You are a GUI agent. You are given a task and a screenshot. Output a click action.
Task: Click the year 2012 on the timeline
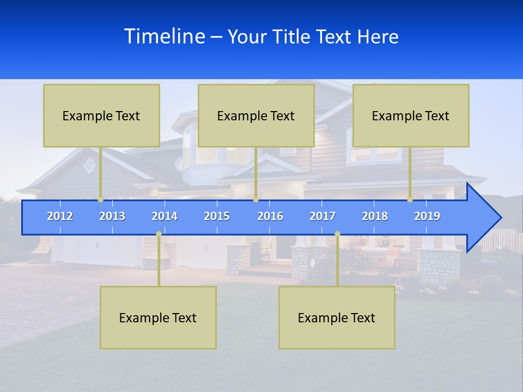[x=60, y=216]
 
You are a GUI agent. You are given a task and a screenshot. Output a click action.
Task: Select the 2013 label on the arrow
[x=112, y=216]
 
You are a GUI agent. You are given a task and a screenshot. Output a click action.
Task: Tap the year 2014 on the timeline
[x=165, y=216]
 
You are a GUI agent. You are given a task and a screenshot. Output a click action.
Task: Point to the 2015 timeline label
[x=217, y=216]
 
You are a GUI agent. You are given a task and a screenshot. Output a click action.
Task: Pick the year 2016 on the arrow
[x=270, y=216]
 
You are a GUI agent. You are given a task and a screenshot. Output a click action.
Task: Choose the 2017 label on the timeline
[x=323, y=216]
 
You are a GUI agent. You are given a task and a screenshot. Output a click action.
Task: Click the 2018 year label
[x=375, y=216]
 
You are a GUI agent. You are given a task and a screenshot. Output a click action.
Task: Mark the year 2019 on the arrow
[x=427, y=216]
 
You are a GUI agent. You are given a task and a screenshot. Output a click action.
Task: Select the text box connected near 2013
[x=101, y=115]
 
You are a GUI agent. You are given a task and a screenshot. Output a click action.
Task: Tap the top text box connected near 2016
[x=256, y=115]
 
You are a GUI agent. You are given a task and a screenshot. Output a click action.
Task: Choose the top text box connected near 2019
[x=411, y=115]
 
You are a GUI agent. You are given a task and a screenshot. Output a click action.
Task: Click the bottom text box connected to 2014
[x=158, y=317]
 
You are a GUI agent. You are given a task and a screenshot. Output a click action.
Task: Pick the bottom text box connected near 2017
[x=337, y=317]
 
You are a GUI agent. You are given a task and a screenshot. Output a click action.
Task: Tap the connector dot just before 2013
[x=101, y=199]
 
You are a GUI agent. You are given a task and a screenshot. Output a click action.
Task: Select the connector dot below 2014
[x=159, y=234]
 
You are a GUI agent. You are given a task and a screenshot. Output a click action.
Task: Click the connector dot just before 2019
[x=410, y=199]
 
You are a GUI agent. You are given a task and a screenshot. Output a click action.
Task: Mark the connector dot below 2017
[x=337, y=234]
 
